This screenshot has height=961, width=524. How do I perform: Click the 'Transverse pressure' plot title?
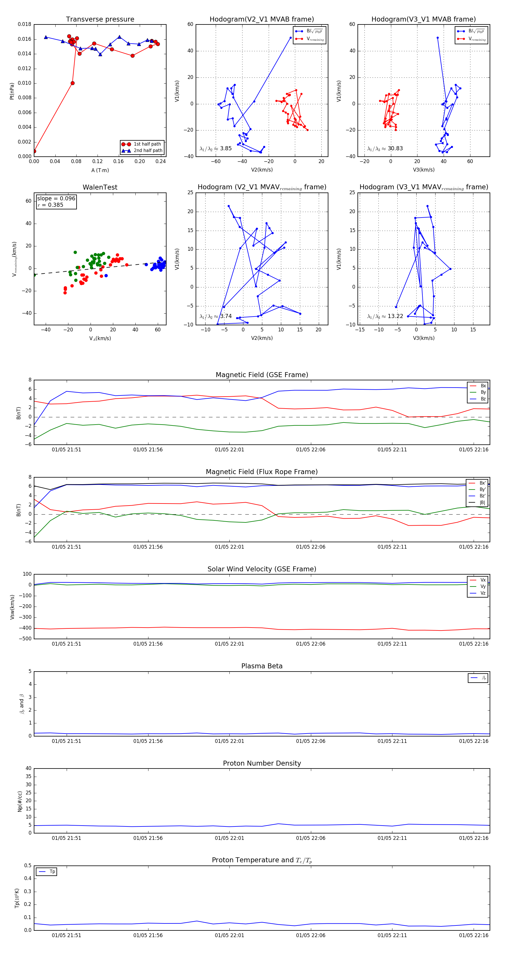(100, 20)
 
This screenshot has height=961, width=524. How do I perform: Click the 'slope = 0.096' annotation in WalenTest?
(56, 199)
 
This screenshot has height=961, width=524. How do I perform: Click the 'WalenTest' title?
(100, 187)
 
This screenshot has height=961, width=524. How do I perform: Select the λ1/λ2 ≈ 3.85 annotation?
(215, 149)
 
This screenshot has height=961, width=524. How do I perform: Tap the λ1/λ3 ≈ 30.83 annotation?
(385, 149)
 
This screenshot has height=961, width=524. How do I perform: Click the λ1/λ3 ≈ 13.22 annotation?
(385, 316)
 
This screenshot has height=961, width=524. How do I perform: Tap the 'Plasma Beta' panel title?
(262, 666)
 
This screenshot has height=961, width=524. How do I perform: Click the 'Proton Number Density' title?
(262, 763)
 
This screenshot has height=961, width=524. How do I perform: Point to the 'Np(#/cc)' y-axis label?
(20, 801)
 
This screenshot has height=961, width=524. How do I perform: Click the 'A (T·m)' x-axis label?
(100, 170)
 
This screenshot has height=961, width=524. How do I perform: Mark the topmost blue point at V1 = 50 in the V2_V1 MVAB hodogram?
(291, 38)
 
